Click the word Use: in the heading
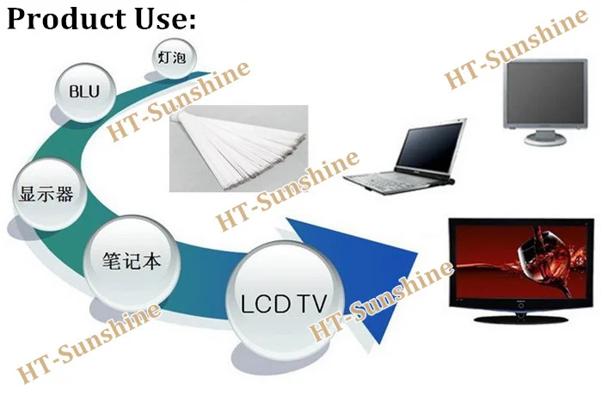point(163,18)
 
